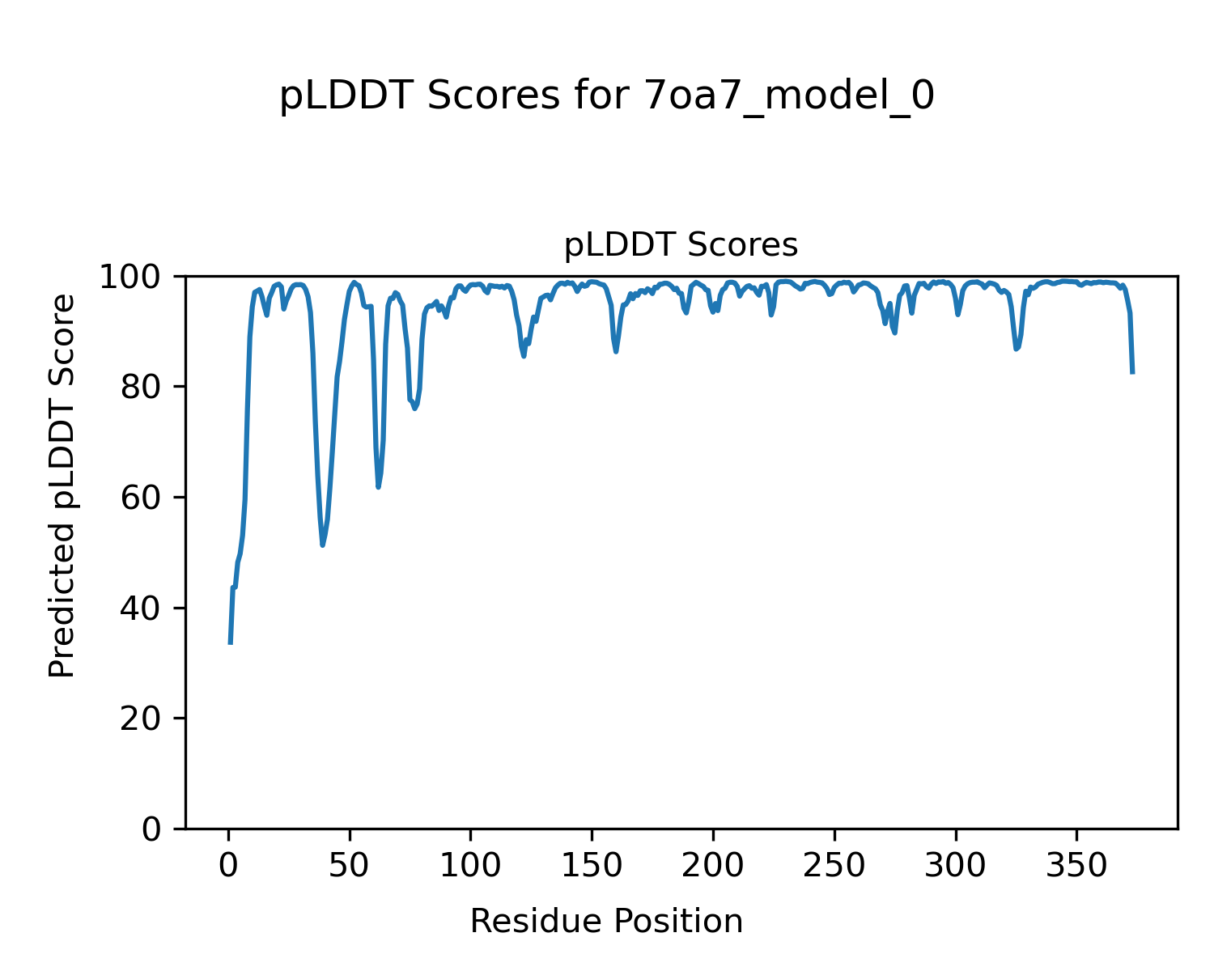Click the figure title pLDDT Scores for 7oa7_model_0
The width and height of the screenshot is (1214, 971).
click(x=607, y=97)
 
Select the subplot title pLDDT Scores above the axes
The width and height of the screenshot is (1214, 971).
click(x=681, y=245)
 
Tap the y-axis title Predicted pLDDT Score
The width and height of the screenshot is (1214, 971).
click(x=62, y=485)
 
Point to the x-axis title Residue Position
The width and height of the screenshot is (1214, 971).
click(x=606, y=922)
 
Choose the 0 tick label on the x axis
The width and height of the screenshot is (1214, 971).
click(x=229, y=866)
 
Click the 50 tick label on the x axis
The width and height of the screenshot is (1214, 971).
click(x=350, y=866)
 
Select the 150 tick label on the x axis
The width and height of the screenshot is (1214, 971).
click(x=592, y=866)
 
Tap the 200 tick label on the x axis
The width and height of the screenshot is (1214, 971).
click(x=713, y=866)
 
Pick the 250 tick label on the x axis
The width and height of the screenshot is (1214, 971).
click(x=834, y=866)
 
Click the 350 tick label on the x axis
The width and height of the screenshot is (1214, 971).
click(x=1076, y=866)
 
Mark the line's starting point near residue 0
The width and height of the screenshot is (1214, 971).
click(x=231, y=643)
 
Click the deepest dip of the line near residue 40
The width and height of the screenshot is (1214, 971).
click(x=322, y=545)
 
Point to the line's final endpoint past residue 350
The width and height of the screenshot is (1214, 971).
click(x=1132, y=373)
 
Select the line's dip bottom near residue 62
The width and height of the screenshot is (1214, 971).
click(x=378, y=487)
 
